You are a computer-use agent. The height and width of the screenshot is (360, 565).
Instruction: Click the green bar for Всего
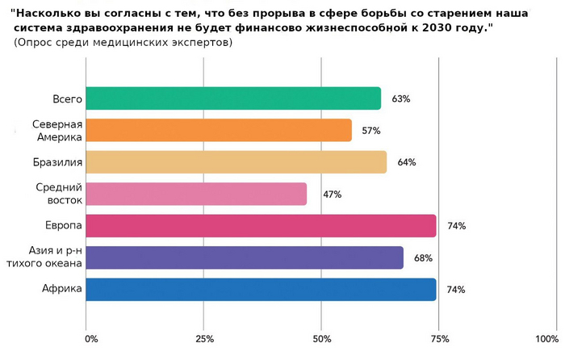point(232,98)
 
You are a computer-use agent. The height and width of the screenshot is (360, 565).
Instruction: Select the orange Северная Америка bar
point(218,130)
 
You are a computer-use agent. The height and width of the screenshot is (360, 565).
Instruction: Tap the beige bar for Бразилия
point(236,162)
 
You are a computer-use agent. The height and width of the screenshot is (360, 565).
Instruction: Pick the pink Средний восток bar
point(195,194)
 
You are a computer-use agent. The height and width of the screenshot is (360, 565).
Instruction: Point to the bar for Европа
point(260,225)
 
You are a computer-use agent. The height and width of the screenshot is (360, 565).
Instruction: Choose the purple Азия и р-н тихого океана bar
point(244,257)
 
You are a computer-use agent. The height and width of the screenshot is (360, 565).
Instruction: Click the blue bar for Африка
point(260,289)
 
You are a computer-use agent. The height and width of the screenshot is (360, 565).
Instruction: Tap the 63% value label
point(401,98)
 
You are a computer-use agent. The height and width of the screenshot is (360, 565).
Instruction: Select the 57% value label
point(371,130)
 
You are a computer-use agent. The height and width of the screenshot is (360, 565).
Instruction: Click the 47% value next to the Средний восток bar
point(332,194)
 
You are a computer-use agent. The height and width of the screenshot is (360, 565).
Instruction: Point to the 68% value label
point(423,257)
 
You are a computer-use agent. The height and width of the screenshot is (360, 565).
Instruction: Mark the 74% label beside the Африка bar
point(456,289)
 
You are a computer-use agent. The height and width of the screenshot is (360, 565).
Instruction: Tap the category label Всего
point(68,98)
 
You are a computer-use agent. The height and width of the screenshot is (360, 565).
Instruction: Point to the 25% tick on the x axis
point(204,337)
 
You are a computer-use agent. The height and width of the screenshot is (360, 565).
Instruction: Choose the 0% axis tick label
point(90,337)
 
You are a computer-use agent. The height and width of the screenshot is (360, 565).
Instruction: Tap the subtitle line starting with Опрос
point(123,42)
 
